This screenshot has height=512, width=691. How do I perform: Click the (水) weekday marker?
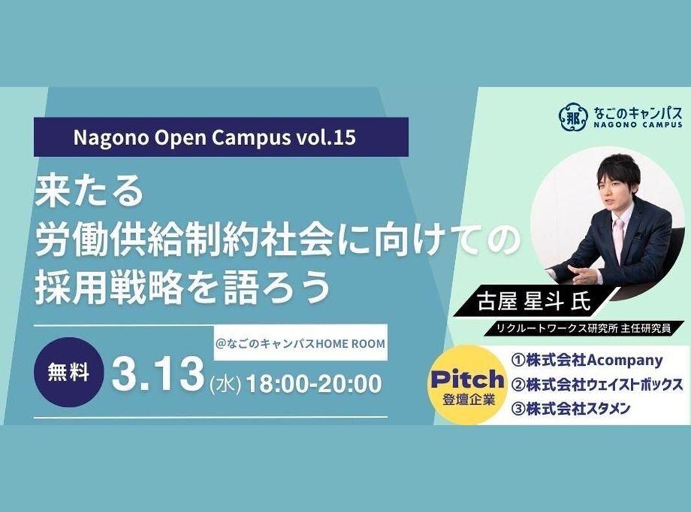click(x=225, y=386)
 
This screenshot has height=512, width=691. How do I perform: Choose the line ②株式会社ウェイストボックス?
click(x=596, y=384)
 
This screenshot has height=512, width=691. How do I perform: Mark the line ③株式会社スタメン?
click(x=569, y=409)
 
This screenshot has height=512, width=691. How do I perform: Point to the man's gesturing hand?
click(x=582, y=273)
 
